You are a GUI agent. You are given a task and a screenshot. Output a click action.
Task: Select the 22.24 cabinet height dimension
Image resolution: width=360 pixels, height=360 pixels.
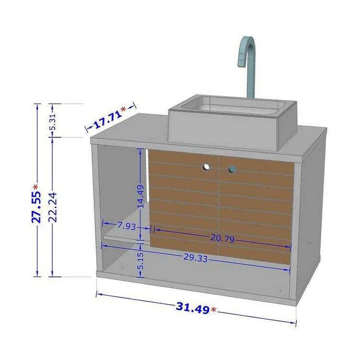tap(53, 207)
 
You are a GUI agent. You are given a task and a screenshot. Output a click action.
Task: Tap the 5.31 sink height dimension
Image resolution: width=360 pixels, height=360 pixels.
tap(53, 122)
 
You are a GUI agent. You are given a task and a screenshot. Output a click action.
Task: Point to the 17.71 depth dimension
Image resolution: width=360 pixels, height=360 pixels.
tap(108, 120)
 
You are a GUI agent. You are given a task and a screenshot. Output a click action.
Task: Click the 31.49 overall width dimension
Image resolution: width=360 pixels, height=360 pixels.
tap(192, 308)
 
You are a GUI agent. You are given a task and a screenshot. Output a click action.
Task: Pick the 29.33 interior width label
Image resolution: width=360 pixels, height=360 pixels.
tap(196, 258)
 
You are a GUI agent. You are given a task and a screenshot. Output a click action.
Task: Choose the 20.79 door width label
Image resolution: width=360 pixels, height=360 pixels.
tap(222, 238)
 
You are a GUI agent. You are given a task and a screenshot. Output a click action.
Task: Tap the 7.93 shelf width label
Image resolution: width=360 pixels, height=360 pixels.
tap(127, 226)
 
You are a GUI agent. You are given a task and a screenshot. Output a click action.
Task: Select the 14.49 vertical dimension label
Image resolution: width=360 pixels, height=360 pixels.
tap(141, 196)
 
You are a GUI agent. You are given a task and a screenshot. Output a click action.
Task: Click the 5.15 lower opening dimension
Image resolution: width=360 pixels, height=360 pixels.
tap(141, 261)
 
